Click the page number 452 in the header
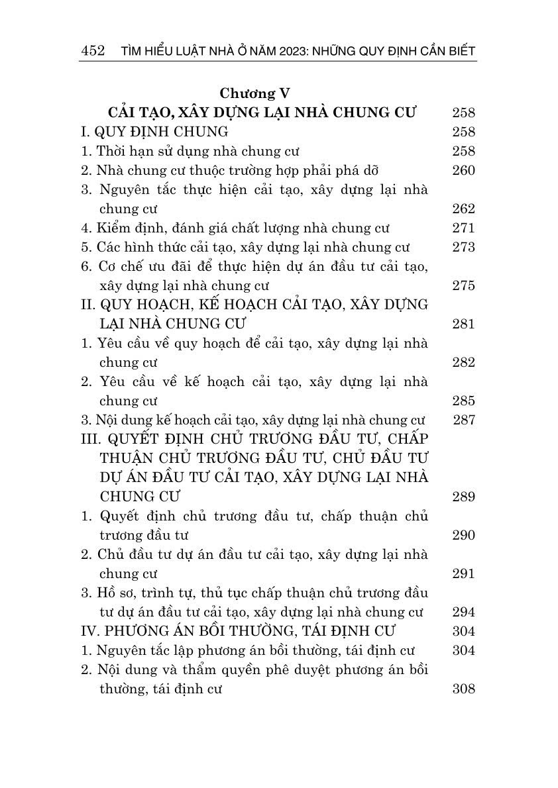pyautogui.click(x=92, y=52)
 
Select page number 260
pyautogui.click(x=463, y=170)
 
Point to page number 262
pyautogui.click(x=463, y=209)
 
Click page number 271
pyautogui.click(x=463, y=228)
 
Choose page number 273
pyautogui.click(x=463, y=247)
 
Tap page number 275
pyautogui.click(x=463, y=285)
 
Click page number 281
pyautogui.click(x=463, y=324)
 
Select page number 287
pyautogui.click(x=463, y=420)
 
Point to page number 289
pyautogui.click(x=463, y=497)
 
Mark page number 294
pyautogui.click(x=463, y=612)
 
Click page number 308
pyautogui.click(x=463, y=689)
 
